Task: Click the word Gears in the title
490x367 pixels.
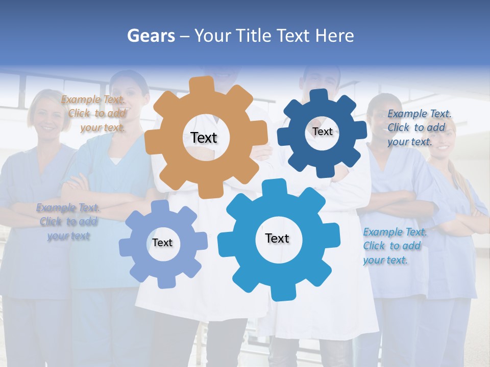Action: pyautogui.click(x=151, y=36)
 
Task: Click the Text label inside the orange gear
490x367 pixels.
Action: pyautogui.click(x=204, y=138)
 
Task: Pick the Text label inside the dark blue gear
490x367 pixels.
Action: pyautogui.click(x=322, y=132)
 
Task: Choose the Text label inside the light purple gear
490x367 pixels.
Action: pyautogui.click(x=162, y=243)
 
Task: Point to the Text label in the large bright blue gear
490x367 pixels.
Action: pyautogui.click(x=277, y=238)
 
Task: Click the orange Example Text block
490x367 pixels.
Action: pyautogui.click(x=93, y=113)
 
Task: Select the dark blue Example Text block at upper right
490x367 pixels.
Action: pyautogui.click(x=419, y=127)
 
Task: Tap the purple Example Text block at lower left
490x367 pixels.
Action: pyautogui.click(x=68, y=222)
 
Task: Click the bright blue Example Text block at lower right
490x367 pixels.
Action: pyautogui.click(x=394, y=246)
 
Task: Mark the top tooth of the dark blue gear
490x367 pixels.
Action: pyautogui.click(x=320, y=95)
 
